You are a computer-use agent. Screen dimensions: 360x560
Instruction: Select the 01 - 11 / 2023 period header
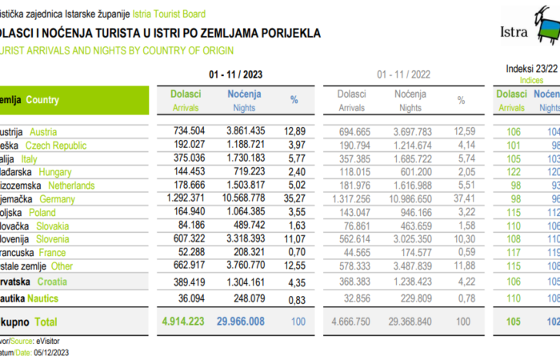pyautogui.click(x=235, y=74)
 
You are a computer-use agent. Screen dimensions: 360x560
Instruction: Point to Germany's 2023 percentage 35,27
pyautogui.click(x=294, y=198)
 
